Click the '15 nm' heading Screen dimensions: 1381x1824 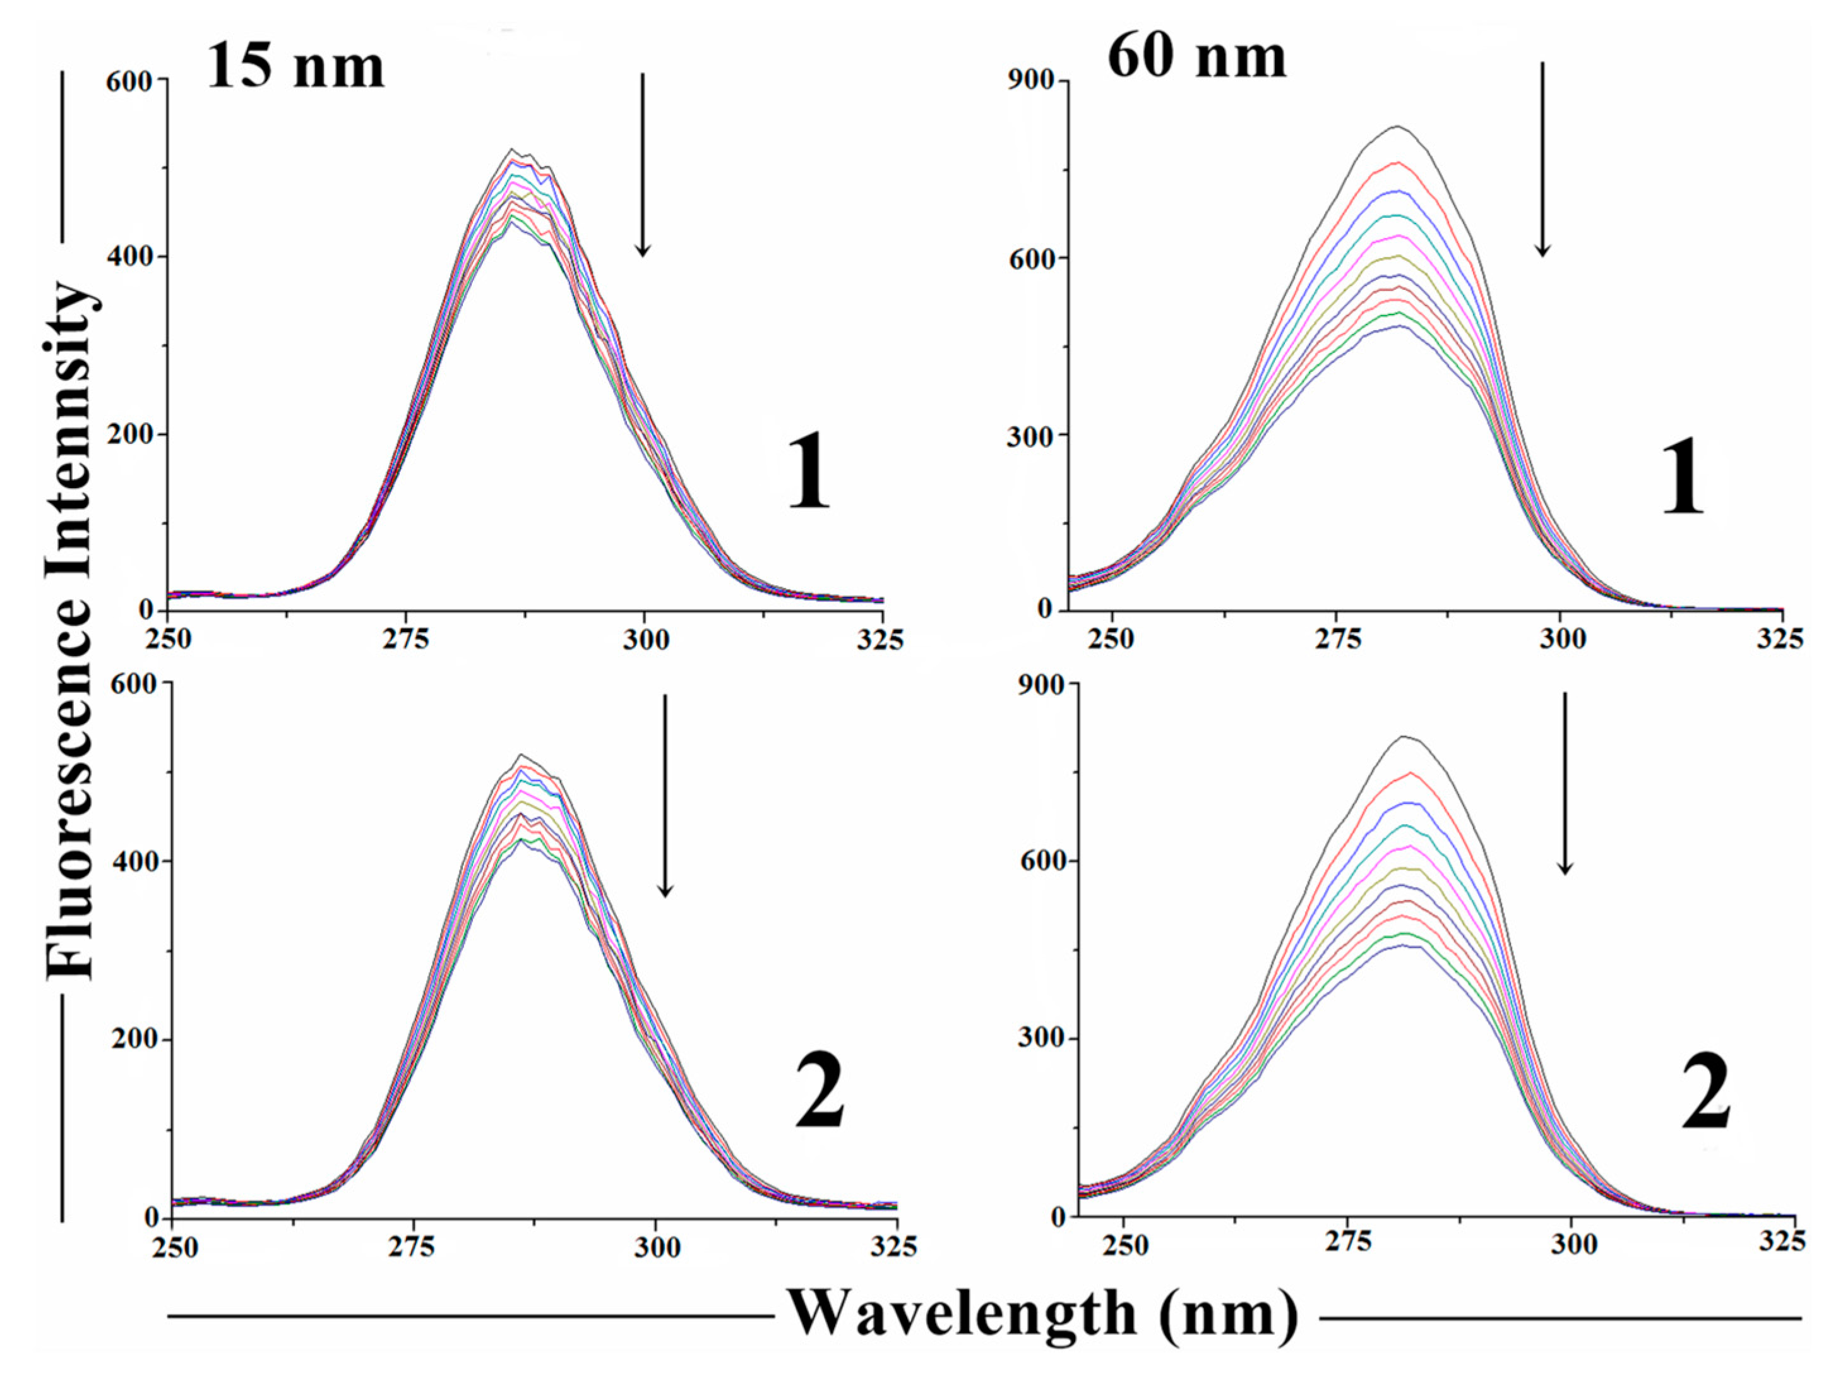point(295,66)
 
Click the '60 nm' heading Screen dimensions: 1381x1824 point(1196,57)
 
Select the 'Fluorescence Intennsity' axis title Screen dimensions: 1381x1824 point(69,631)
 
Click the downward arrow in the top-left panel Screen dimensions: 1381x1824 point(642,165)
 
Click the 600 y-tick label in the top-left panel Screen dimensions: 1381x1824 point(129,81)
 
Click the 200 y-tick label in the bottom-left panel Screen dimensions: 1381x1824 point(134,1039)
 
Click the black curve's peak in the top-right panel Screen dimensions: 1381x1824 point(1398,126)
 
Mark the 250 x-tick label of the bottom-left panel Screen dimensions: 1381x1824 point(176,1247)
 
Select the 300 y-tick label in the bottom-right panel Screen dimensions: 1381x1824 point(1040,1038)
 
